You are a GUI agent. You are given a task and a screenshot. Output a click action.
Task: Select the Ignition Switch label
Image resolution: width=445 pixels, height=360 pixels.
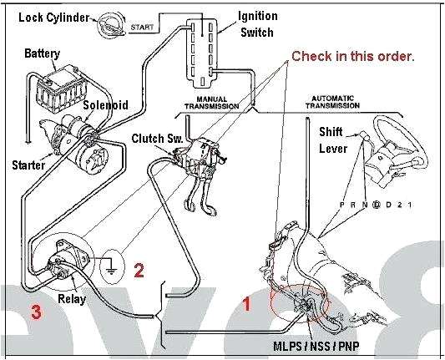(258, 23)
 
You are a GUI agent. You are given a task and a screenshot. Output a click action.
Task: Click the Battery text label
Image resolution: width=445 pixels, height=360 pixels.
(42, 53)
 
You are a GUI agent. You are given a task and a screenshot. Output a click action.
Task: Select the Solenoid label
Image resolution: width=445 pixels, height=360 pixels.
(105, 105)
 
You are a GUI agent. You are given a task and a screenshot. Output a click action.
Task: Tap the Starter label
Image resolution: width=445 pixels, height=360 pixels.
(28, 165)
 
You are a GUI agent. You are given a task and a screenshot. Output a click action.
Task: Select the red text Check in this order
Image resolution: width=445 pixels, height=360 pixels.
(352, 56)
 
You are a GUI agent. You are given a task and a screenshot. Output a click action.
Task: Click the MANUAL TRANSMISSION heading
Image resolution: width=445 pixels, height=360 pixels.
(210, 103)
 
